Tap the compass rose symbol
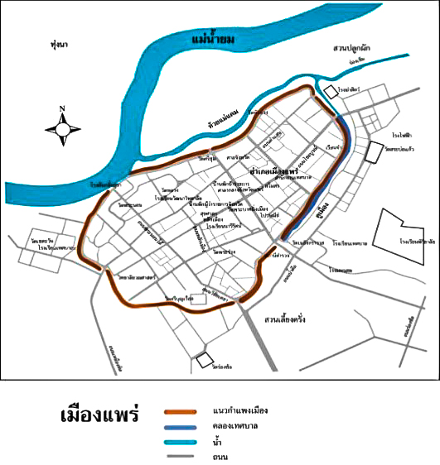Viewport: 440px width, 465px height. (64, 128)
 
